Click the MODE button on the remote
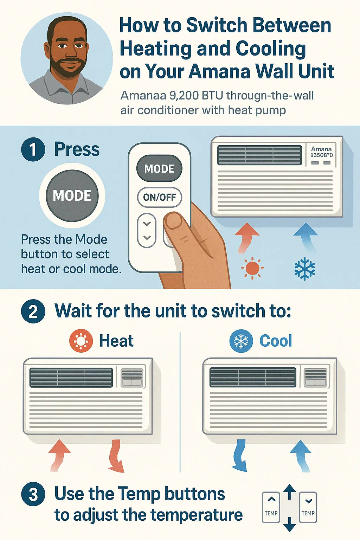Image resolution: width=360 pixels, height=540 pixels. click(159, 168)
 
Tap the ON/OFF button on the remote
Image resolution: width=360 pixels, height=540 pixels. click(159, 197)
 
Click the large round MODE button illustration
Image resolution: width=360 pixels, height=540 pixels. click(72, 195)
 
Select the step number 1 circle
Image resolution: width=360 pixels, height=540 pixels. click(33, 149)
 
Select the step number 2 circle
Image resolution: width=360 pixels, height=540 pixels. click(33, 311)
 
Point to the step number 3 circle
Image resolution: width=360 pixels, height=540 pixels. click(33, 494)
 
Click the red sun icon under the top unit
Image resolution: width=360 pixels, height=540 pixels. click(252, 268)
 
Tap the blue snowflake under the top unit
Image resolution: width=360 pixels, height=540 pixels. click(305, 269)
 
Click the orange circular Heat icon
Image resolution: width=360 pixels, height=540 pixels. click(81, 341)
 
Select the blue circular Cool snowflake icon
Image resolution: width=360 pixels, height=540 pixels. click(241, 341)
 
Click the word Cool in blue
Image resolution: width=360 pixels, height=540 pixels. click(276, 341)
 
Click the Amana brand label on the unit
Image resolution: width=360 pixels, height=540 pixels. click(321, 149)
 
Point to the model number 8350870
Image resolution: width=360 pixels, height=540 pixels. click(322, 155)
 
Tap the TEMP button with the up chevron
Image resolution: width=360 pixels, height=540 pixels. click(271, 507)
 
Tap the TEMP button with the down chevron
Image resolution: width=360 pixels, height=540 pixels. click(308, 507)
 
